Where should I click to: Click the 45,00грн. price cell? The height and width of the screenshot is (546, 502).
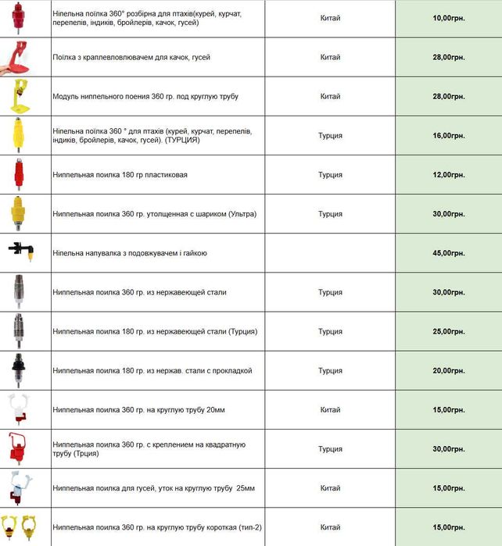coord(448,253)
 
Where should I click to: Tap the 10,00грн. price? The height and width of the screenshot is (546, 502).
coord(448,17)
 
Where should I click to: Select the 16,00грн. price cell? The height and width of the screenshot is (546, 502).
coord(448,135)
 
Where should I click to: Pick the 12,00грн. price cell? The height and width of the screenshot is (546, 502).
coord(448,174)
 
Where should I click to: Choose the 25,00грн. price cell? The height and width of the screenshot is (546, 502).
coord(448,331)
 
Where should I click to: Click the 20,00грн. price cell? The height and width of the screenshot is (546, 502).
coord(448,370)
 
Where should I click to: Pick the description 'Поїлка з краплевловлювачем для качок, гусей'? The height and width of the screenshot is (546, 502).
coord(131,57)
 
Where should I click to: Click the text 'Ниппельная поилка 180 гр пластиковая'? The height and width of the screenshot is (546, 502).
coord(120,174)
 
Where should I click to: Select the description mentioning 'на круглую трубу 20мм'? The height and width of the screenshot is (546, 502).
coord(138,409)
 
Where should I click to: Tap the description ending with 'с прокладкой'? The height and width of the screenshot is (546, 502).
coord(152,370)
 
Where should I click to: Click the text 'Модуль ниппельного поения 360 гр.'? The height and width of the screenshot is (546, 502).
coord(145,96)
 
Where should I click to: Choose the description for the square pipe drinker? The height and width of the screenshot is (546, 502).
coord(149,448)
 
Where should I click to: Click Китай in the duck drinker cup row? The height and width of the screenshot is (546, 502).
coord(330,57)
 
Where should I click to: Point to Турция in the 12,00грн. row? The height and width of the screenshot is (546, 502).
coord(330,174)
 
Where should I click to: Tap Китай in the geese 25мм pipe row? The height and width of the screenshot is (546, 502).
coord(330,488)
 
